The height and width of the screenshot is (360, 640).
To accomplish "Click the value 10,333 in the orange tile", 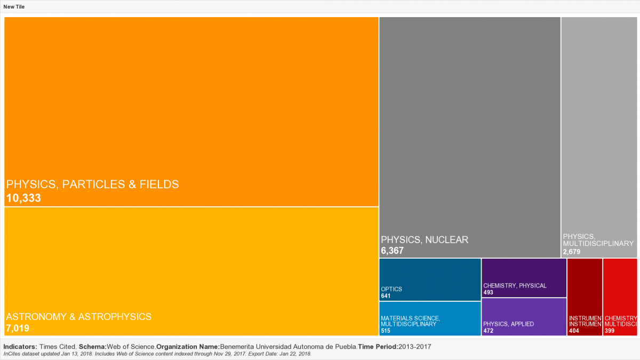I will (23, 198).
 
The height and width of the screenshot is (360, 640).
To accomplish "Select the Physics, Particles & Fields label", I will (92, 185).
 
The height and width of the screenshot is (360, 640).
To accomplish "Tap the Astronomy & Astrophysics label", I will (79, 317).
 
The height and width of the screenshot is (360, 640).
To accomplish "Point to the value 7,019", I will (18, 328).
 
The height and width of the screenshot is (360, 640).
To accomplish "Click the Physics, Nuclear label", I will (425, 240).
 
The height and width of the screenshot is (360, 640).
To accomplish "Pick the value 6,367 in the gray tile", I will (393, 251).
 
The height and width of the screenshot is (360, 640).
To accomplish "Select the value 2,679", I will (571, 251).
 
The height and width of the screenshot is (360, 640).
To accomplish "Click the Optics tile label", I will (391, 289).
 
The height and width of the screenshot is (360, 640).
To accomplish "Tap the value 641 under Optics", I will (386, 296).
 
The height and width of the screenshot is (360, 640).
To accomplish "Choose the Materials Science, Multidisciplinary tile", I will (430, 318).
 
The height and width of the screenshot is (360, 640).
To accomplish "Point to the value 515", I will (386, 331).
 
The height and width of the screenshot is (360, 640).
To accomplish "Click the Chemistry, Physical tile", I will (524, 278).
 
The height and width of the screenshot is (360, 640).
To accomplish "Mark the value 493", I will (488, 292).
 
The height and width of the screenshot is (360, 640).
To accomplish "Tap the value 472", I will (488, 331).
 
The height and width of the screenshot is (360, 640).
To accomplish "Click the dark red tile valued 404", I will (585, 297).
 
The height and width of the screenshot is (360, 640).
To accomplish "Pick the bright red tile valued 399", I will (620, 297).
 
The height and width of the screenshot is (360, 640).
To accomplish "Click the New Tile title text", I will (14, 7).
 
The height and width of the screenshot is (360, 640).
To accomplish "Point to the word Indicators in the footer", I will (20, 347).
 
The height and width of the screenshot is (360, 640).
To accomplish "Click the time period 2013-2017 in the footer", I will (415, 347).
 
